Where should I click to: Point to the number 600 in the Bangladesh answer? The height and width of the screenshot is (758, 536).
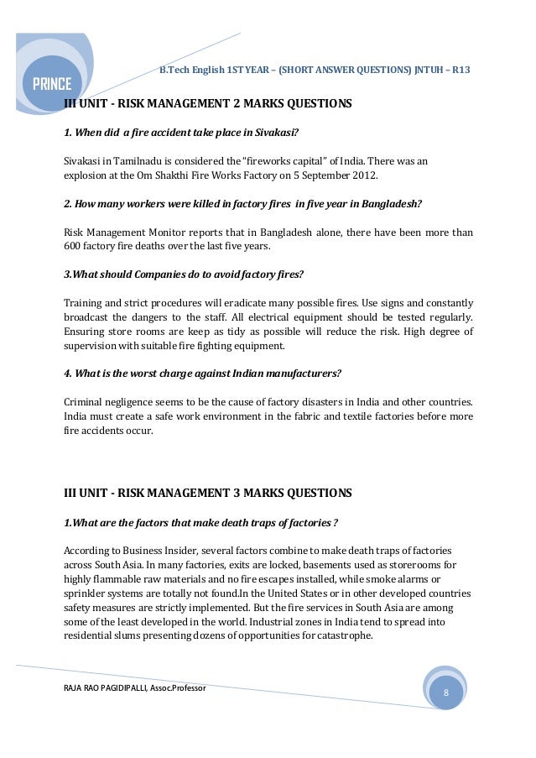click(74, 247)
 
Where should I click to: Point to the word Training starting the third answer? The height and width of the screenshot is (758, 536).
click(85, 302)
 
